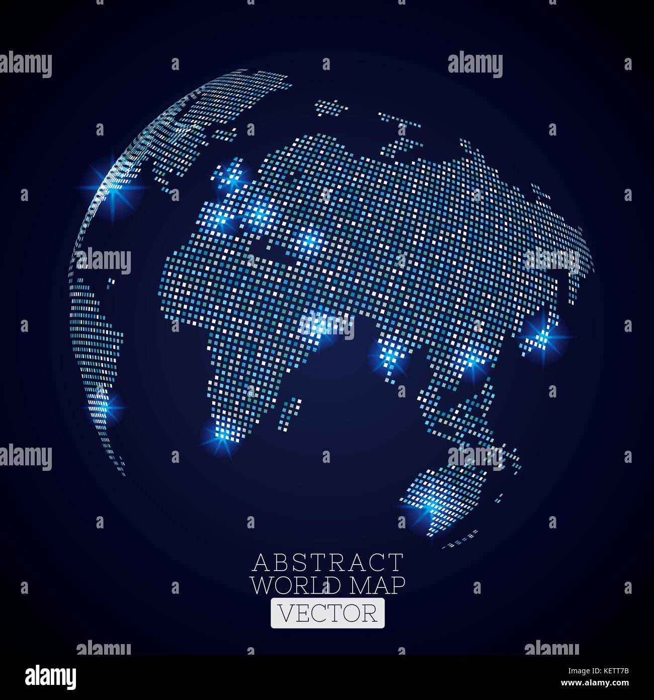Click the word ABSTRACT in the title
[x=328, y=562]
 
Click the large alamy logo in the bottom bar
[x=51, y=677]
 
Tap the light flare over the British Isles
[x=233, y=177]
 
